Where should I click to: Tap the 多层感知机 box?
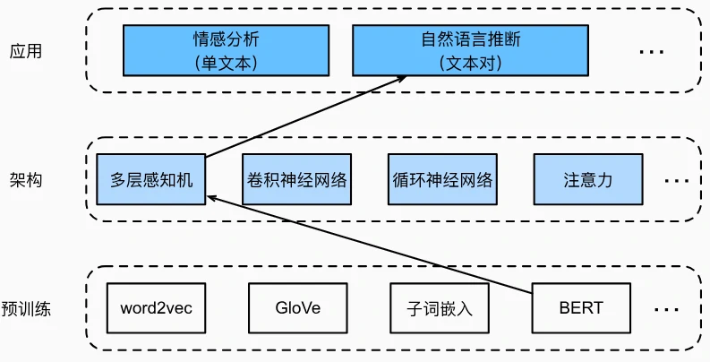pos(151,179)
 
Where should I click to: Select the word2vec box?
pos(156,309)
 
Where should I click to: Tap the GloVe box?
pos(298,309)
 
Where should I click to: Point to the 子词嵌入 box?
pos(440,309)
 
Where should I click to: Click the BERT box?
pos(581,309)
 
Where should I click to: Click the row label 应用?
pos(26,51)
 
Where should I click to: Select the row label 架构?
pos(26,179)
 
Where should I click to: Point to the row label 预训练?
pos(26,309)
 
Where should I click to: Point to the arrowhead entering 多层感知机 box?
pos(210,198)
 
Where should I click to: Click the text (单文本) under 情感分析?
pos(225,63)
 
